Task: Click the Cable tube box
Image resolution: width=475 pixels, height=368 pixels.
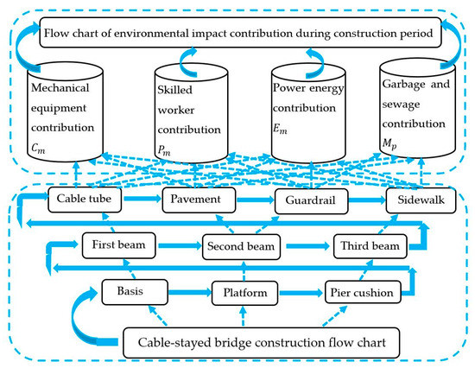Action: (82, 199)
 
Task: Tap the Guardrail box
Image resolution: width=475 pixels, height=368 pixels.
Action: (310, 200)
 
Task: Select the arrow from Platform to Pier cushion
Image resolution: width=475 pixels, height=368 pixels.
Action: (301, 293)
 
